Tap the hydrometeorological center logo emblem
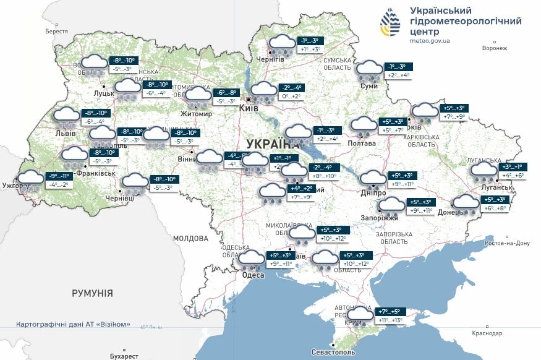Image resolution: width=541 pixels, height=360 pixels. click(x=390, y=24)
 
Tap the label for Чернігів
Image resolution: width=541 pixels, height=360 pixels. click(x=271, y=59)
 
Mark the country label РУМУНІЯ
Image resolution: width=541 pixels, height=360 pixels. click(x=92, y=293)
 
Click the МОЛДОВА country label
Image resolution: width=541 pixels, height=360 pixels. click(x=190, y=238)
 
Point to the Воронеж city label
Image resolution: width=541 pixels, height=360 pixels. click(x=494, y=48)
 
